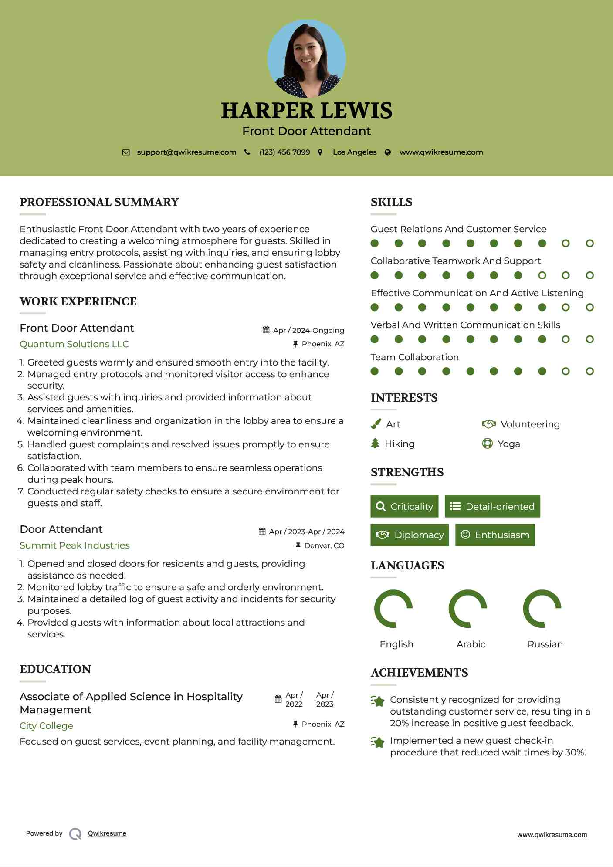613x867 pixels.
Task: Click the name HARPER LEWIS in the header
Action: point(306,110)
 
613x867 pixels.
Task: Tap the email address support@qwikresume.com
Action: point(186,152)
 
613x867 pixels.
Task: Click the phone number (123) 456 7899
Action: point(284,152)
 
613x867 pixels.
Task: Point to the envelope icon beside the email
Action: point(126,152)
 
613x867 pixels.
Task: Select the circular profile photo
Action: point(306,58)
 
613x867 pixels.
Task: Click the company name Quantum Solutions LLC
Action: point(74,344)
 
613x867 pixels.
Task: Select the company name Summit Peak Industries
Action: point(75,545)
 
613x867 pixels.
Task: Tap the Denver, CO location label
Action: point(324,545)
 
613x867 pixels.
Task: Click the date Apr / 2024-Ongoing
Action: point(308,330)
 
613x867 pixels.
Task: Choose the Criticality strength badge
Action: point(404,506)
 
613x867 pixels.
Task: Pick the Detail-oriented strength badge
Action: point(492,506)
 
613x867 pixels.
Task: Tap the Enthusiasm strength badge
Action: point(495,535)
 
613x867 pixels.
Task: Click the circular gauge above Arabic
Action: point(468,609)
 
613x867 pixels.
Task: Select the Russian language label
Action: point(545,644)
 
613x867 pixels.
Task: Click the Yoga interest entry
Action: point(508,444)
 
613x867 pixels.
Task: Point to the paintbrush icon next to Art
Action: point(376,424)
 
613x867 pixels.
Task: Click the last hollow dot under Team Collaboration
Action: point(589,371)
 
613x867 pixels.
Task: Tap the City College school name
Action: point(46,725)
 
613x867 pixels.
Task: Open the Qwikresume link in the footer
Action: point(107,833)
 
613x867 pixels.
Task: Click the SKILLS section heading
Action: point(391,202)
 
